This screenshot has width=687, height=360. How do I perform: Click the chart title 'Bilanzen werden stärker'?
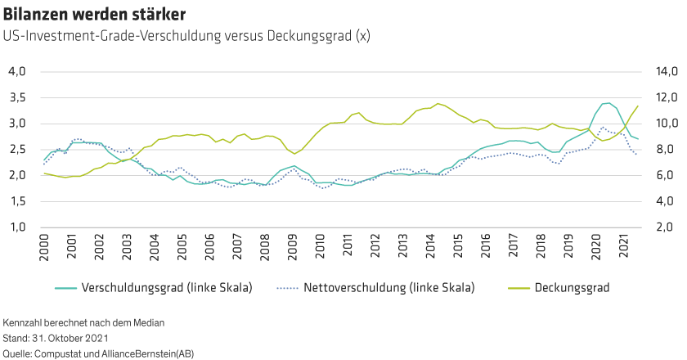tap(94, 15)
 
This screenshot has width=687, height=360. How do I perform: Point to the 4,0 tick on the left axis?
tap(17, 72)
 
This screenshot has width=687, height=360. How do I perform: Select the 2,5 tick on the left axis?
tap(17, 150)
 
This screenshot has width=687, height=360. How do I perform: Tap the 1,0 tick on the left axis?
tap(17, 227)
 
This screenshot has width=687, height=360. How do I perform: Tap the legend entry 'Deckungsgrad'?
tap(572, 288)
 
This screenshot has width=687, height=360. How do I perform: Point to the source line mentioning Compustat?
tap(98, 353)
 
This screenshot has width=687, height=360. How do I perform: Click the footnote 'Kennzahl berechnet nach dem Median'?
tap(84, 323)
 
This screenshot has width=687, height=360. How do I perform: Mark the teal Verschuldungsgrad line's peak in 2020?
tap(607, 103)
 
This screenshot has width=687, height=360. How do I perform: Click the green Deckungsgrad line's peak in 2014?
tap(438, 103)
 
